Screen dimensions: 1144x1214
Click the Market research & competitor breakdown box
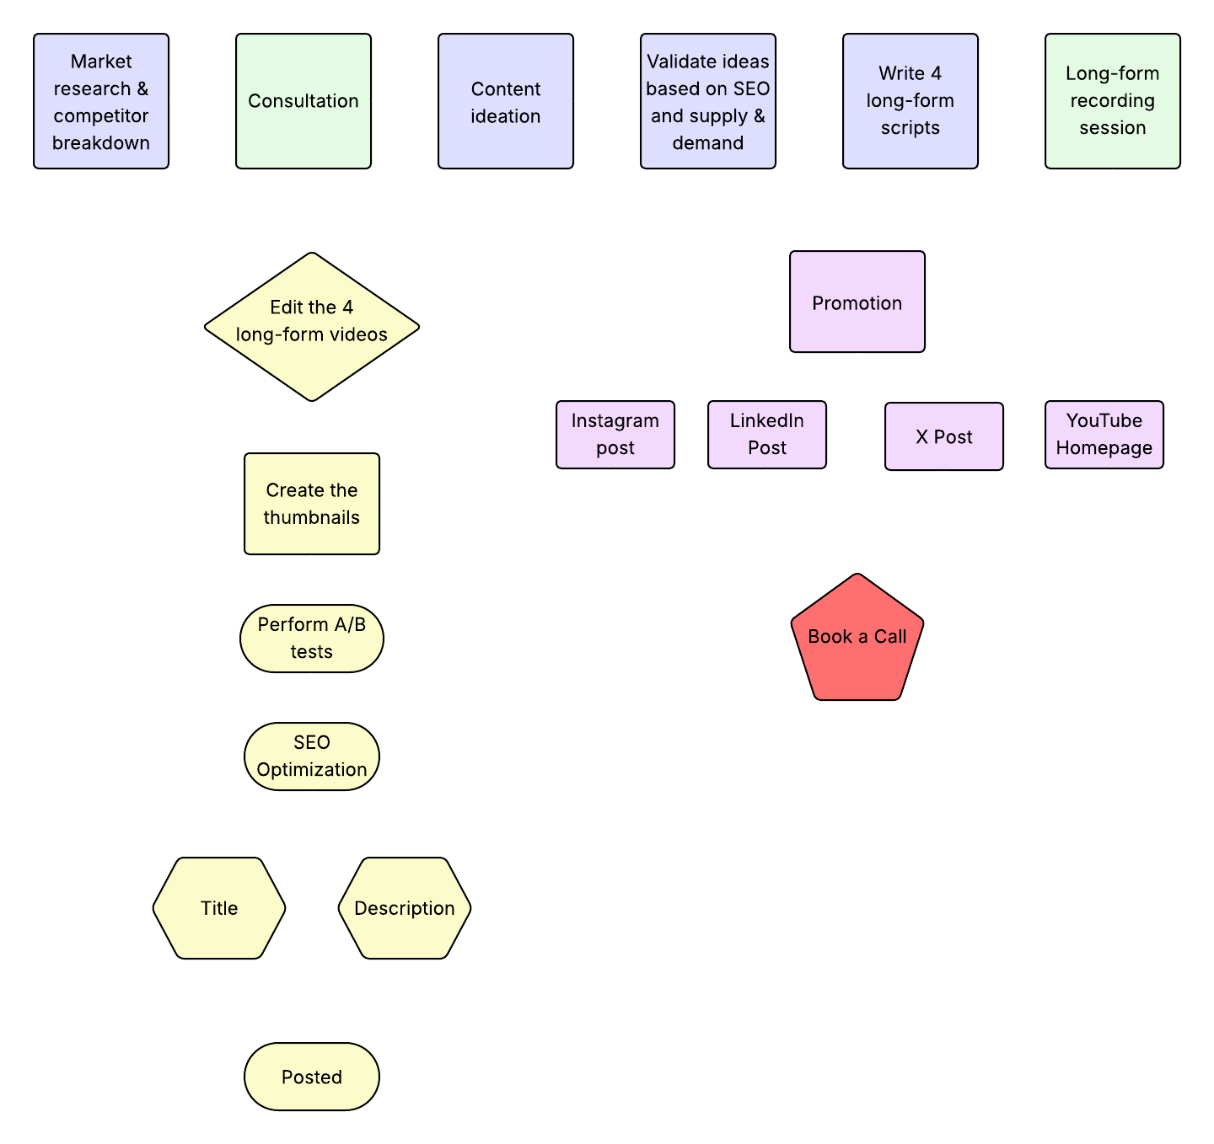tap(101, 101)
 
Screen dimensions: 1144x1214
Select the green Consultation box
tap(303, 101)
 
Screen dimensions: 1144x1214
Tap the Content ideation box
tap(506, 101)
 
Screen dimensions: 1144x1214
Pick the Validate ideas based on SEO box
tap(708, 101)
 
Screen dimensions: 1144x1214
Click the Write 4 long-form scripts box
tap(910, 101)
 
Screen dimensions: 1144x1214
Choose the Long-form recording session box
tap(1113, 101)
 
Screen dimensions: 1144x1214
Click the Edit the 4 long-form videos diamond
tap(312, 327)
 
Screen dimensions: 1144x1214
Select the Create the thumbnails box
tap(312, 504)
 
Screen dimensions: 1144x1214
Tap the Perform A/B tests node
tap(312, 639)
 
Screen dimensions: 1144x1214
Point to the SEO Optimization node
tap(312, 756)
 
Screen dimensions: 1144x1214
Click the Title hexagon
tap(219, 908)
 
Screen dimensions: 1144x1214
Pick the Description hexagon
tap(405, 908)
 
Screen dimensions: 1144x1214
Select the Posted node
tap(312, 1077)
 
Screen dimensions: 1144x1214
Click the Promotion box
tap(857, 302)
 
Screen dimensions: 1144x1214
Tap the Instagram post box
tap(615, 435)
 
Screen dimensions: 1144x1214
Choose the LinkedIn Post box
tap(767, 435)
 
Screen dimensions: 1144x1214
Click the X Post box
tap(944, 436)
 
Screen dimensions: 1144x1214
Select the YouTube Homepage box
tap(1104, 435)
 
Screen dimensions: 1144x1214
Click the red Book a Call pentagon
tap(857, 640)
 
